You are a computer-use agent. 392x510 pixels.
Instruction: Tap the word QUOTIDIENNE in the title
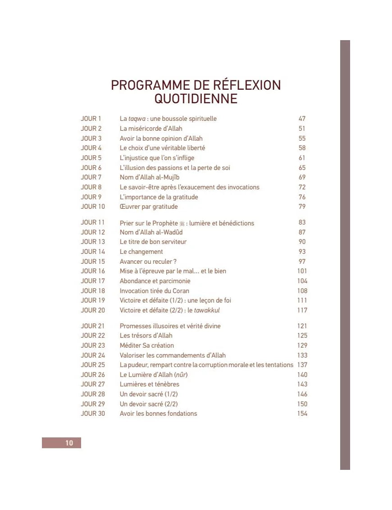196,99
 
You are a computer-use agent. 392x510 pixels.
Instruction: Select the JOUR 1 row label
91,119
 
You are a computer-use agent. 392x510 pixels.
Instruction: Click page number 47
302,119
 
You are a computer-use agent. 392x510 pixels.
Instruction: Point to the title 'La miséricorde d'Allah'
151,129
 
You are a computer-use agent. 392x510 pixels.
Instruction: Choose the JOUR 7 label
91,177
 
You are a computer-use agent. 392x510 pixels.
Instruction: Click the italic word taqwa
137,119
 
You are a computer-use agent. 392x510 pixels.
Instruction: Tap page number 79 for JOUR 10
302,207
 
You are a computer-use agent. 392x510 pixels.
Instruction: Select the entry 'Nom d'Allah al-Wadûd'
151,232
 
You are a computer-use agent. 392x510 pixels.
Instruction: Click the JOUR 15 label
93,262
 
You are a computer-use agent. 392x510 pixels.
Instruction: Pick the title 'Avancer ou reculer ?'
148,262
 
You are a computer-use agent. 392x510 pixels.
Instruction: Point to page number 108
302,291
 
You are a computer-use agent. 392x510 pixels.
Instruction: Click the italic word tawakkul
207,310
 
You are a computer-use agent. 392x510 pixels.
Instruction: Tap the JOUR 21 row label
93,326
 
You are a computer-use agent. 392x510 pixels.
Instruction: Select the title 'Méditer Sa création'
146,345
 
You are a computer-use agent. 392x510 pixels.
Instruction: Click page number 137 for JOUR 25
302,365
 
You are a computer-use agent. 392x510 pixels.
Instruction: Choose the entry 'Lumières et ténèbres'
149,384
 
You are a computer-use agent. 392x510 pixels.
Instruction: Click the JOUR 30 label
93,414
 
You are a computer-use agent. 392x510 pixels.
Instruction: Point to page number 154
302,414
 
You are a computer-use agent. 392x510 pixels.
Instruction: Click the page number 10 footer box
62,443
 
